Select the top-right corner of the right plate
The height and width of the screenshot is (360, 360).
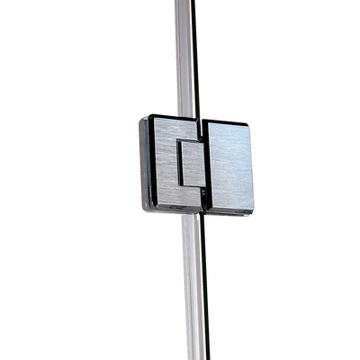click(249, 121)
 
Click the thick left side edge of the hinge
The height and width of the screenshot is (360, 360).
click(142, 164)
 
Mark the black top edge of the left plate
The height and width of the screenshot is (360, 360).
click(171, 116)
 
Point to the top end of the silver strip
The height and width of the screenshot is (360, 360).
click(182, 3)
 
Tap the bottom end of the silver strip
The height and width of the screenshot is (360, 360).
click(192, 356)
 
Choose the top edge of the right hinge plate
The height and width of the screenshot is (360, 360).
click(227, 120)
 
